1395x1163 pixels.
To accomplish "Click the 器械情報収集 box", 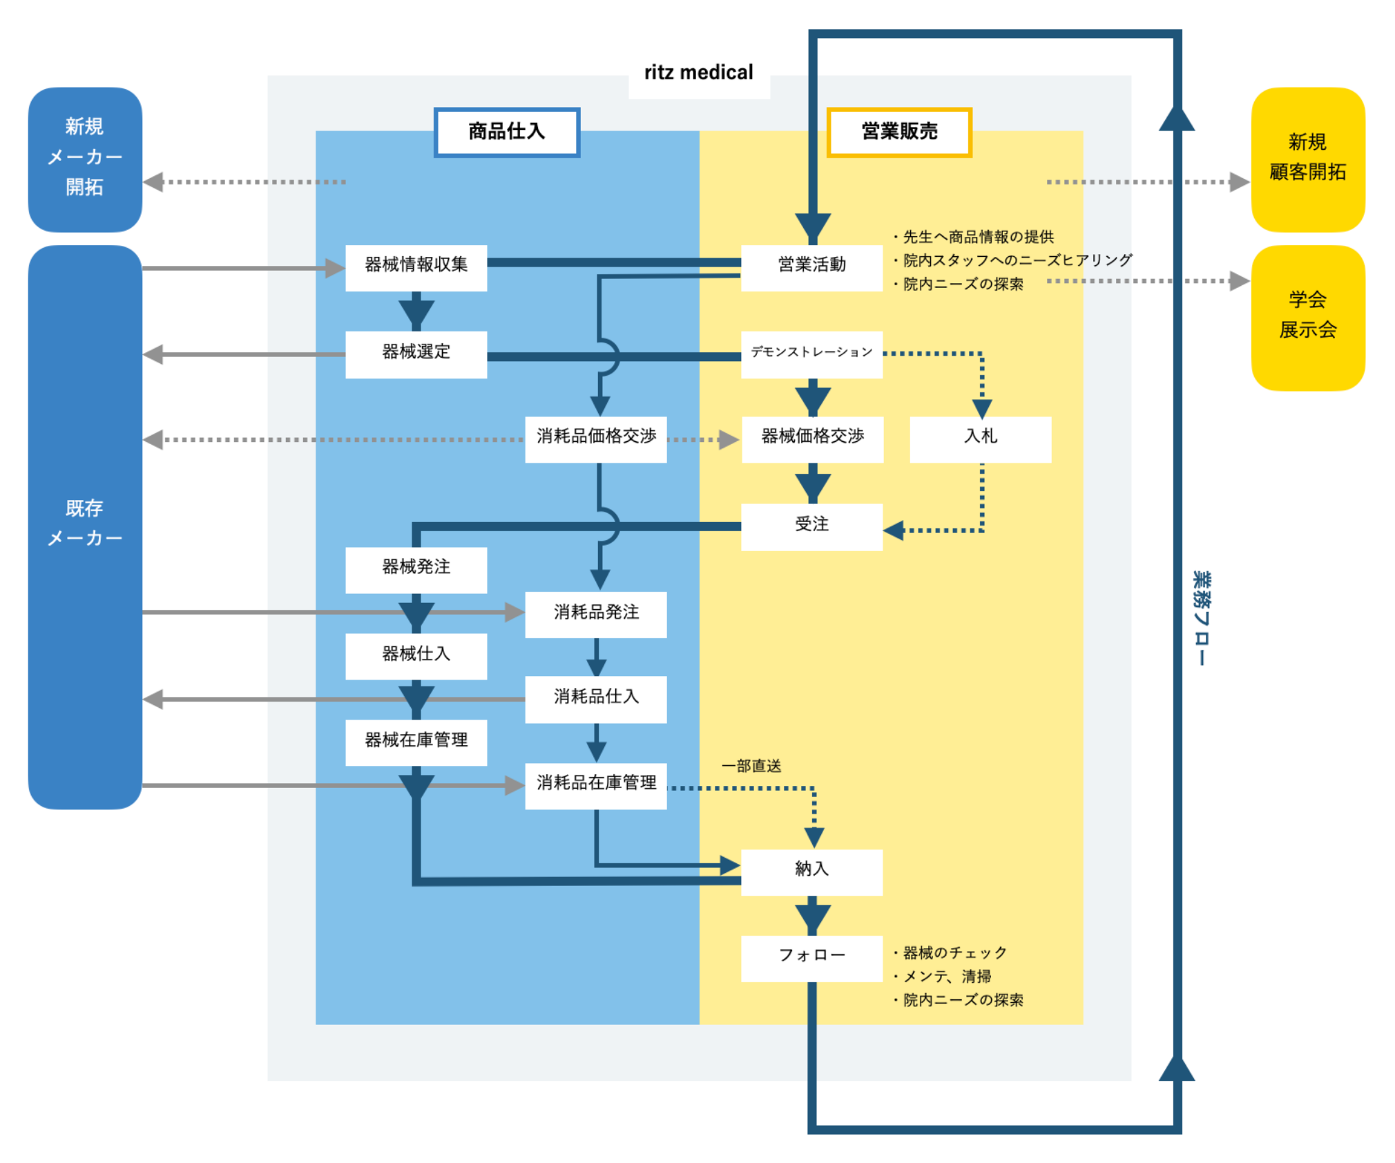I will coord(416,267).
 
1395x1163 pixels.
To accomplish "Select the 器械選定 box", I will coord(416,354).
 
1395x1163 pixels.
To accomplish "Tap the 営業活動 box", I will coord(811,267).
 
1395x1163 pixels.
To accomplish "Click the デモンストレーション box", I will coord(811,354).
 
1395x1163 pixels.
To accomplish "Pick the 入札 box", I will coord(980,439).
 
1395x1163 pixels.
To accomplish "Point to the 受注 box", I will coord(811,526).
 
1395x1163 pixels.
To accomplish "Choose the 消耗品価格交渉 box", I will coord(595,439).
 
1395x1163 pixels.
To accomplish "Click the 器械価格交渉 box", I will coord(812,439).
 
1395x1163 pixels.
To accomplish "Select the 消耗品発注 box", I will coord(595,614).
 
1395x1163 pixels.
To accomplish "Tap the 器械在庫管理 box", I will coord(416,742).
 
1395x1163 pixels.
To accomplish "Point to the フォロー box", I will coord(811,958).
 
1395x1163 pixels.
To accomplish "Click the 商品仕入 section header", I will coord(506,132).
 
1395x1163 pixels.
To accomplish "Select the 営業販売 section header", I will coord(899,132).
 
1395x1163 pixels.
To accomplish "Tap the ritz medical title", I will coord(698,73).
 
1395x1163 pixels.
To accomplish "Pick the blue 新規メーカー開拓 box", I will coord(85,159).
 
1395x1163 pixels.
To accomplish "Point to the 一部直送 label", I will coord(751,766).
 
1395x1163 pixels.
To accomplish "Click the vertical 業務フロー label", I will coord(1202,617).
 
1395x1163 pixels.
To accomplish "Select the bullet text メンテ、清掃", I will coord(947,977).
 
